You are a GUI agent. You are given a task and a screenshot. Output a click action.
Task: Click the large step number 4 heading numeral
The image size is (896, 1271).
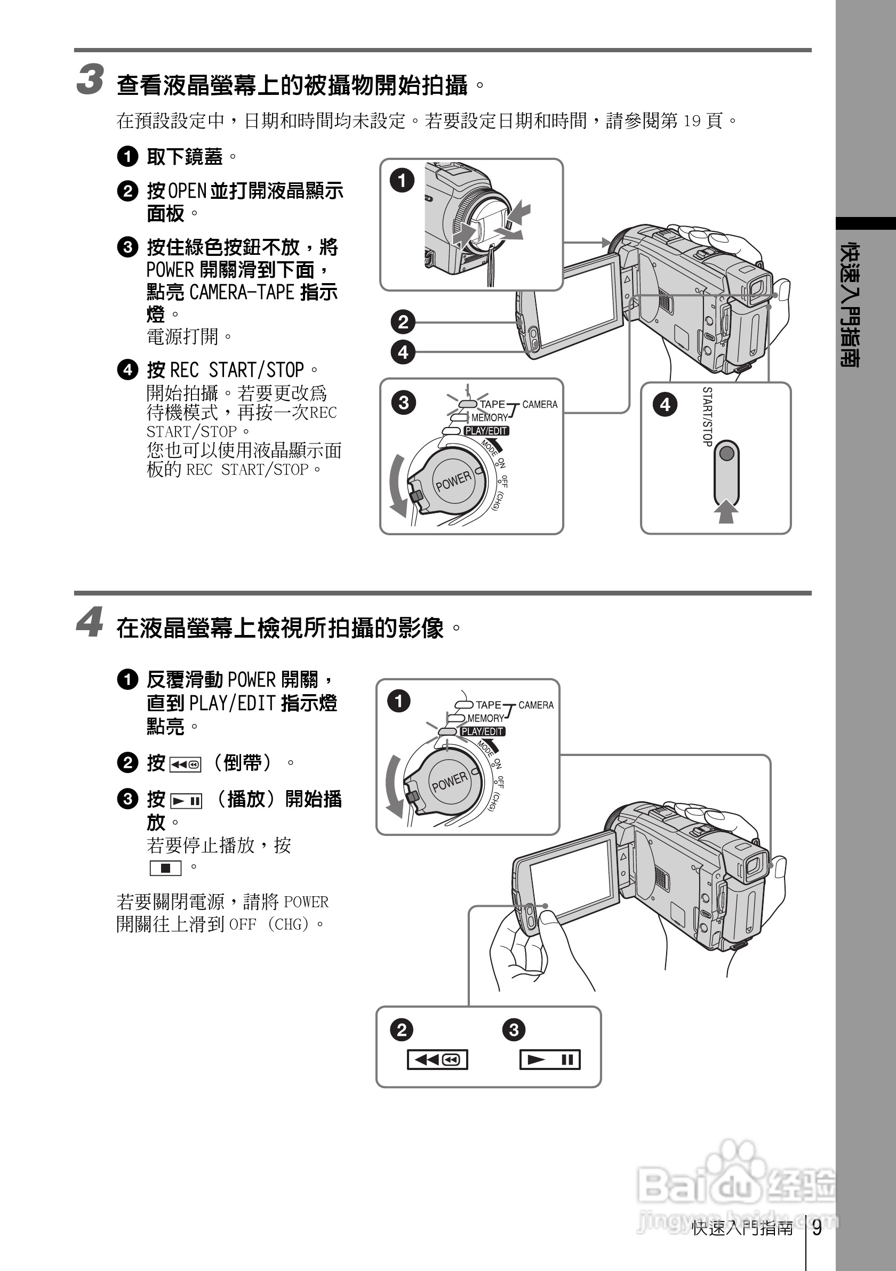point(89,622)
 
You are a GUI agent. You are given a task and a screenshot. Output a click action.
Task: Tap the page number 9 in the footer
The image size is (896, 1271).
point(817,1228)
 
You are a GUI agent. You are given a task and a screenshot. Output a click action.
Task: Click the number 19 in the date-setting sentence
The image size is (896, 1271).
point(692,120)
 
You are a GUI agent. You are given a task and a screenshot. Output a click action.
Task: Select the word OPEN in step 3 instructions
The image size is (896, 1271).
point(187,191)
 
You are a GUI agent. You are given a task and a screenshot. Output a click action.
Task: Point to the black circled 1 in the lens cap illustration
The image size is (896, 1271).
point(402,180)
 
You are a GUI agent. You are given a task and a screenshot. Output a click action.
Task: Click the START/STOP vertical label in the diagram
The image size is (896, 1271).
point(707,416)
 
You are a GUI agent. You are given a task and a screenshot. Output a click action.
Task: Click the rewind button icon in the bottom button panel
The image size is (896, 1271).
point(437,1059)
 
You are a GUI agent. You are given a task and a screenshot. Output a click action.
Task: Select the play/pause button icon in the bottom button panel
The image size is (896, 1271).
point(550,1059)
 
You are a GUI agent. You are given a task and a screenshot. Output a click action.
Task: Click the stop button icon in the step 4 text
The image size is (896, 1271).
point(165,868)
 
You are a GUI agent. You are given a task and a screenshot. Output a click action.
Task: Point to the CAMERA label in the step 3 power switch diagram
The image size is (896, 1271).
point(539,405)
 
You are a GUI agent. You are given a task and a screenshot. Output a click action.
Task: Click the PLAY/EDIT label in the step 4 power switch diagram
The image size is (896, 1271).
point(482,731)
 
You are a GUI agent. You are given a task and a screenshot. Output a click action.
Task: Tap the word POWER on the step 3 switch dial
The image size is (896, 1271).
point(453,481)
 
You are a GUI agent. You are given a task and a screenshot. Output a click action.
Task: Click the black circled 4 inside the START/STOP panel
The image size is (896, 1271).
point(665,405)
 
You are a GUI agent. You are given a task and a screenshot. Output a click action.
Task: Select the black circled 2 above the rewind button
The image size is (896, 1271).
point(402,1029)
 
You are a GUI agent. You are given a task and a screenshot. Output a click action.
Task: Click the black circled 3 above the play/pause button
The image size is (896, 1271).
point(514,1029)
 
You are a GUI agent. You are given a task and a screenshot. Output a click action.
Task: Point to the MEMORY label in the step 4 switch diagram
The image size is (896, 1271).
point(485,718)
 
